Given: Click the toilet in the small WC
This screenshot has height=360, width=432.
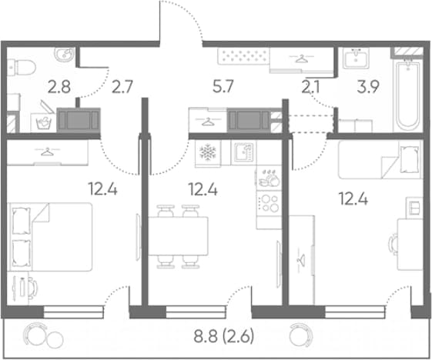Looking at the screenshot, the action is coord(22,68).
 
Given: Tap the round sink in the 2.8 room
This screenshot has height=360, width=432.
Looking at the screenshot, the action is coord(65,55).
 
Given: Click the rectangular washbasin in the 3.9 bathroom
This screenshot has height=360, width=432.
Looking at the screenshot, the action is coord(356,58).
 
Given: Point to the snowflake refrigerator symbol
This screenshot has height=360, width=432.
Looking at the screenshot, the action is coord(208,152).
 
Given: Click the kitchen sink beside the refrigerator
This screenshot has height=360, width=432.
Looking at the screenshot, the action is coord(243,152).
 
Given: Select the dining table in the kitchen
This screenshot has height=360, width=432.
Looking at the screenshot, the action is coord(178,236).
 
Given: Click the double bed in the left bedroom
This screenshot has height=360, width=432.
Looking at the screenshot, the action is coord(49,237).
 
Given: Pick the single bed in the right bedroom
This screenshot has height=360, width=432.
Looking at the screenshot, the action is coord(380,159).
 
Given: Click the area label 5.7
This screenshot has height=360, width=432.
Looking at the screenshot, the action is coord(223,86).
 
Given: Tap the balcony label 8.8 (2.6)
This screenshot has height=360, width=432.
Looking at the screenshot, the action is coord(224,337).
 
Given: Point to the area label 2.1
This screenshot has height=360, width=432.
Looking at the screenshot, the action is coord(310,87).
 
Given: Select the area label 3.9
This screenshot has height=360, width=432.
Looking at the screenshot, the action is coord(368,87).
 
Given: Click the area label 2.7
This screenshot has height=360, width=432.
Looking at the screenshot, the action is coord(122,86).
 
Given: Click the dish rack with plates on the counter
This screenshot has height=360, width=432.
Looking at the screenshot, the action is coord(269,178).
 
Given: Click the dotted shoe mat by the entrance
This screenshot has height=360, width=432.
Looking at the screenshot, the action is coord(243,56).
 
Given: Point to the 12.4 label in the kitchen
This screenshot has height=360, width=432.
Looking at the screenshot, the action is coord(203,189).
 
